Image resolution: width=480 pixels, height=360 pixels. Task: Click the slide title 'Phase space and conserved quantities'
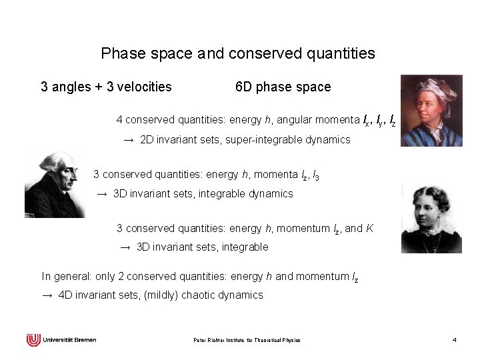(237, 52)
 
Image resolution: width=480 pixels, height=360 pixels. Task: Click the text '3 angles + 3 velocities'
(107, 87)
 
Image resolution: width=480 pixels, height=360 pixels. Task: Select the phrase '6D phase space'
(283, 87)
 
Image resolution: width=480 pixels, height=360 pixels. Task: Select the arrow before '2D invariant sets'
(129, 141)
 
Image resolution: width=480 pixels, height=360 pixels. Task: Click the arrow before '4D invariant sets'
(47, 295)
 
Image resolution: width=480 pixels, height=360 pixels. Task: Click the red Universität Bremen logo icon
(33, 340)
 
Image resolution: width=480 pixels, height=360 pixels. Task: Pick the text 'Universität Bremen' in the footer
(69, 340)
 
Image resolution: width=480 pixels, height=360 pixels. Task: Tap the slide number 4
(454, 341)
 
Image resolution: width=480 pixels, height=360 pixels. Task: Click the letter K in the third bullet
(369, 228)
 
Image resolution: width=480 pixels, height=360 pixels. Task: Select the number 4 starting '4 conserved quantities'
(119, 121)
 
